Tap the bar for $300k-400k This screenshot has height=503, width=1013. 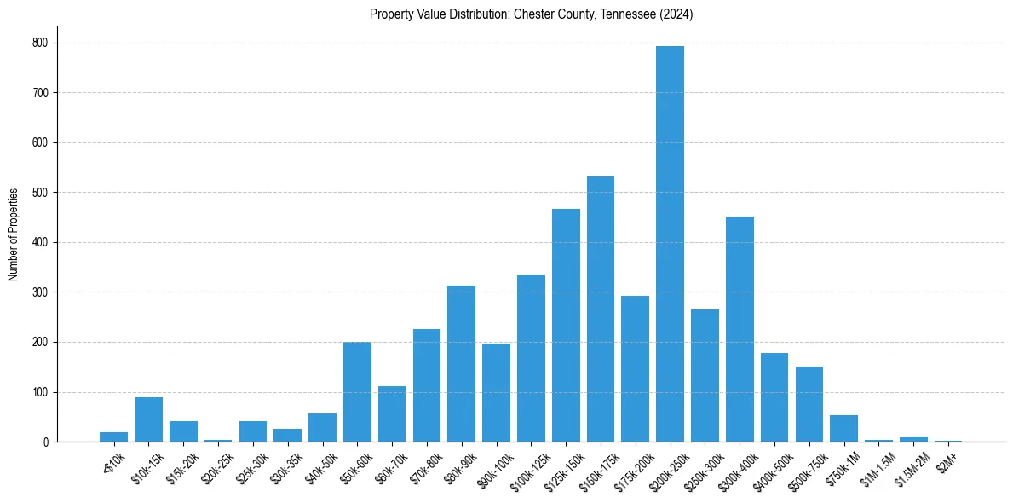740,329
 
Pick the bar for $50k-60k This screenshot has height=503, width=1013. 357,392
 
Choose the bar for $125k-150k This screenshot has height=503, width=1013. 566,326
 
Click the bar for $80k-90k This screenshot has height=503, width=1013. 461,364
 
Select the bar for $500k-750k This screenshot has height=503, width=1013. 809,404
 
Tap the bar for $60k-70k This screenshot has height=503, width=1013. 392,414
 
